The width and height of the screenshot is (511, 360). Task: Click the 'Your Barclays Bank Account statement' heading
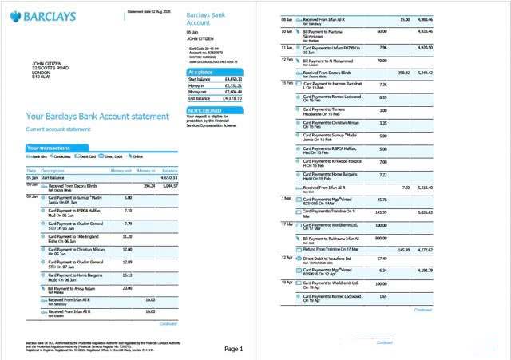pos(97,117)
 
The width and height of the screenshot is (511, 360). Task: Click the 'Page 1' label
pos(234,349)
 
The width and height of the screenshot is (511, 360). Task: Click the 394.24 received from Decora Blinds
pos(149,185)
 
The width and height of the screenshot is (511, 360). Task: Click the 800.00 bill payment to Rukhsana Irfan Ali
pos(382,237)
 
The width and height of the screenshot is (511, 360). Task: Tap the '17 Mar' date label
pos(288,224)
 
